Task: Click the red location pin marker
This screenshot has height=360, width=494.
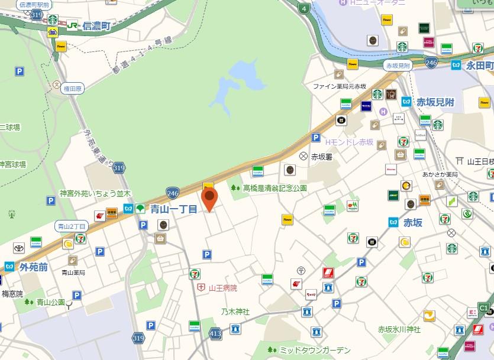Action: coord(209,198)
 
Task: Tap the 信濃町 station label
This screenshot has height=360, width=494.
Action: coord(97,26)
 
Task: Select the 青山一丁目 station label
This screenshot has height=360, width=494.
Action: coord(173,208)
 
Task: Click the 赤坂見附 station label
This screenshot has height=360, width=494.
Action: coord(435,102)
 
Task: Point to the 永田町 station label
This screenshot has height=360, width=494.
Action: coord(479,64)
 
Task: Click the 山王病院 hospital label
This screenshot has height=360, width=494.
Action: coord(222,288)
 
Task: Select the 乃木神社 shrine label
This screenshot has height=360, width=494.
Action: coord(235,312)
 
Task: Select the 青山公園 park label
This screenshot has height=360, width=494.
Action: coord(50,302)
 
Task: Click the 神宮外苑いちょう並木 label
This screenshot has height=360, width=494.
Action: coord(95,193)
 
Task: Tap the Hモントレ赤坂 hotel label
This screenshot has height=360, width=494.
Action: coord(349,142)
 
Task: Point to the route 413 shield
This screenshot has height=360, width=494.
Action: coord(215,334)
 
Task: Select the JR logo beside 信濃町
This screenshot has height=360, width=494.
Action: coord(72,26)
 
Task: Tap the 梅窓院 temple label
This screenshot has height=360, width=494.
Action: coord(12,293)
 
